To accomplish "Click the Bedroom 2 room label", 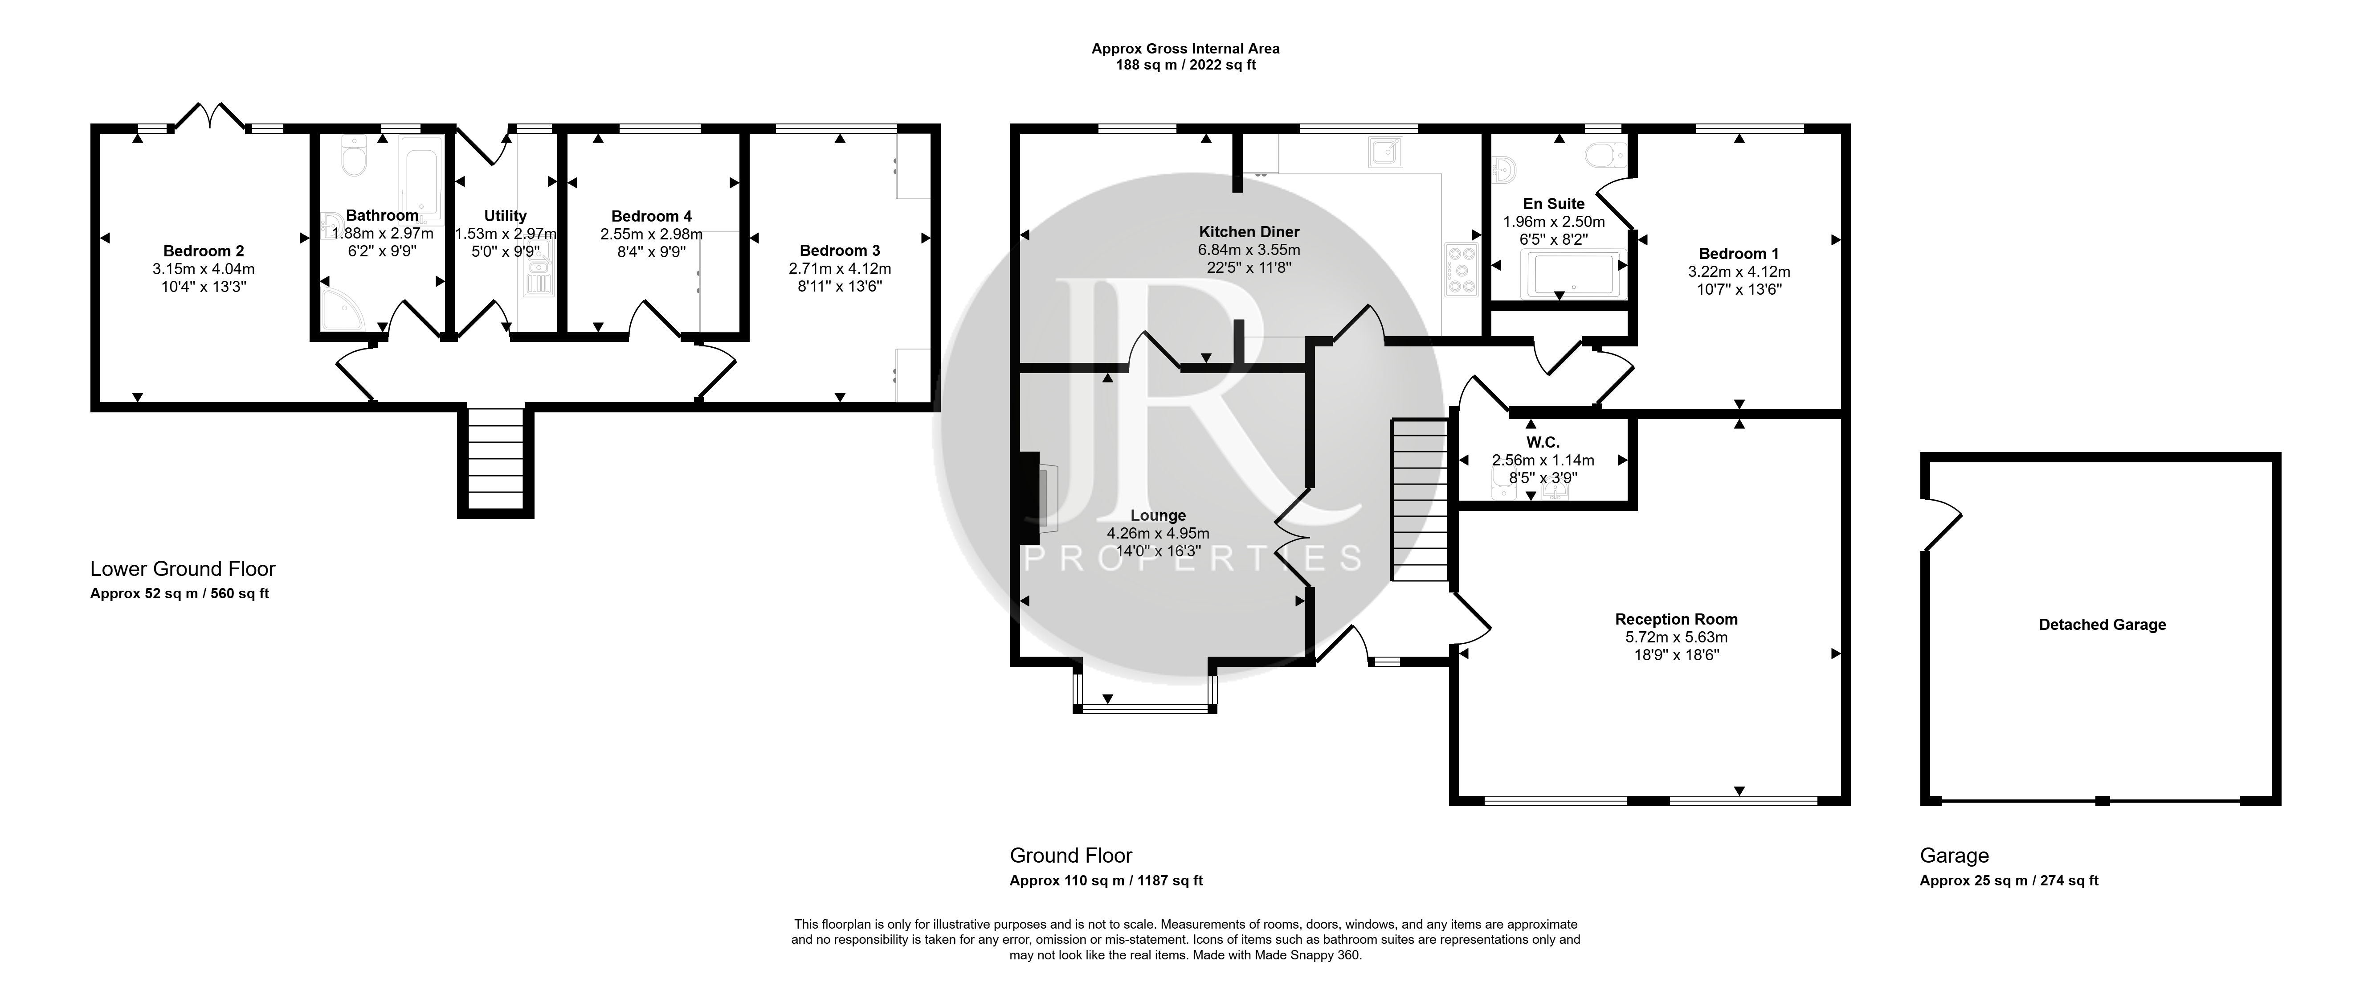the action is [x=204, y=251].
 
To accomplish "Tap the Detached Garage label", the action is [x=2102, y=625].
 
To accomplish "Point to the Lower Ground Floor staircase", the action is [x=495, y=458].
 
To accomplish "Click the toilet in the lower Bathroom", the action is [x=354, y=156].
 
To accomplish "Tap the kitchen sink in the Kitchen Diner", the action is [x=1386, y=152].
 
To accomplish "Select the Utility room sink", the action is [x=537, y=276].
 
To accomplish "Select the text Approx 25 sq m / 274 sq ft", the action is [x=2009, y=881].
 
